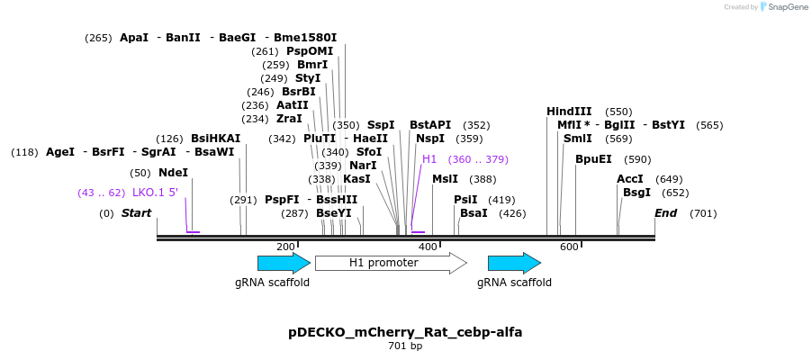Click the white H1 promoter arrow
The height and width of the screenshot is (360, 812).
click(x=391, y=263)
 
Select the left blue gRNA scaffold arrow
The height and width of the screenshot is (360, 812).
click(x=284, y=263)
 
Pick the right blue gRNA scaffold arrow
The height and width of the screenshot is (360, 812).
click(x=514, y=263)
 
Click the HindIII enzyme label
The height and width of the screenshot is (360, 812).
click(x=569, y=112)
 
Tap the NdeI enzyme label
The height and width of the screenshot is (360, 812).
click(x=174, y=173)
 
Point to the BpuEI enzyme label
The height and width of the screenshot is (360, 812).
click(x=593, y=159)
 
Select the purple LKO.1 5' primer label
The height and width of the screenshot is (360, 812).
click(x=156, y=193)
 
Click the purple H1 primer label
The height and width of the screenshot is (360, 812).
click(x=429, y=159)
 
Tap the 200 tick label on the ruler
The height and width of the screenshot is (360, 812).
click(x=285, y=247)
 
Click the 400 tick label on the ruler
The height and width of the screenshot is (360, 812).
click(x=428, y=247)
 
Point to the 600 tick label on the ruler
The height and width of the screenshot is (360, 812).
click(x=569, y=247)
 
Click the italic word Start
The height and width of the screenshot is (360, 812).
click(x=136, y=213)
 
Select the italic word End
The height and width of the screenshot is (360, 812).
click(x=665, y=213)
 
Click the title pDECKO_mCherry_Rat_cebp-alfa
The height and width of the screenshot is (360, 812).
click(x=405, y=332)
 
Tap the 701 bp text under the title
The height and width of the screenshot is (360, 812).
click(x=405, y=346)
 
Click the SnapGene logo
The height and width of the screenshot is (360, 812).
click(x=782, y=6)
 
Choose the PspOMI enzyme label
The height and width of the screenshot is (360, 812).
click(x=310, y=50)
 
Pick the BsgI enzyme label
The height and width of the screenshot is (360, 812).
click(x=637, y=193)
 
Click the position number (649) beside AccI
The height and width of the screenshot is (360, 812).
click(x=669, y=179)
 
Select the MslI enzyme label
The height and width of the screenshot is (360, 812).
click(x=446, y=179)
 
